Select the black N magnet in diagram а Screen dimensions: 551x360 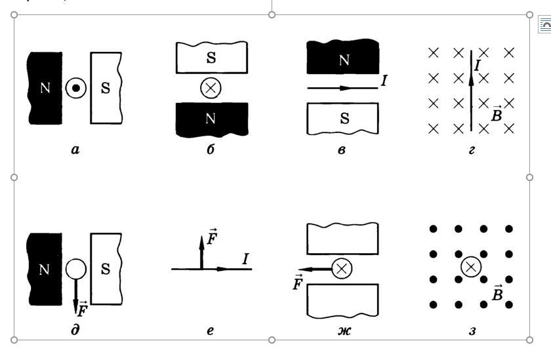click(x=45, y=89)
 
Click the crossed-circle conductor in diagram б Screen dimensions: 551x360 click(x=210, y=88)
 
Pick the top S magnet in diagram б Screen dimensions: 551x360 click(x=211, y=58)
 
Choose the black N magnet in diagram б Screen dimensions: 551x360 click(x=211, y=119)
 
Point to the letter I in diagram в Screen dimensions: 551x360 click(x=384, y=81)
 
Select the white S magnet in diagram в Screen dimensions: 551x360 click(x=343, y=119)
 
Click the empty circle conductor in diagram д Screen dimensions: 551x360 click(x=77, y=268)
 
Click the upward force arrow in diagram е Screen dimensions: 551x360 click(x=201, y=252)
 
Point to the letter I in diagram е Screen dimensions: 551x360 click(x=245, y=259)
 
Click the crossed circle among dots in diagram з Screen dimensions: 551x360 click(x=471, y=266)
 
